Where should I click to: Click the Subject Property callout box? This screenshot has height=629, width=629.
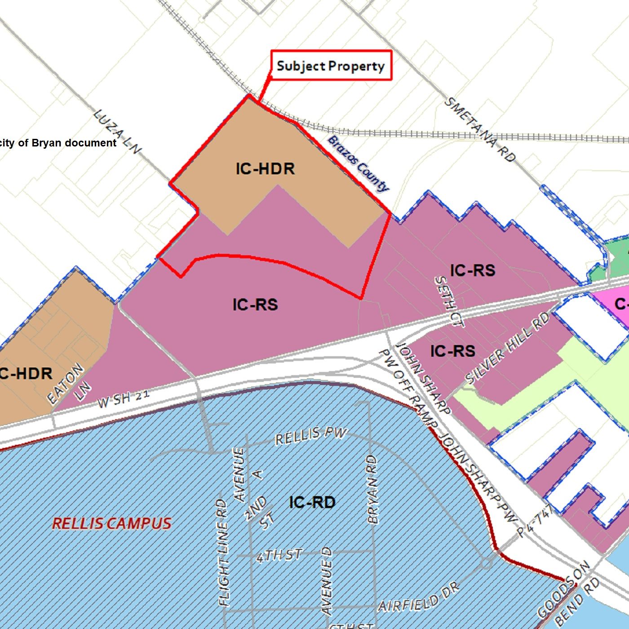click(331, 66)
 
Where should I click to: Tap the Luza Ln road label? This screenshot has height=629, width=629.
click(117, 132)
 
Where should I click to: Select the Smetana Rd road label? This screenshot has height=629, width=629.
click(479, 130)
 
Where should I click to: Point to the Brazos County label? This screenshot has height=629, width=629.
click(358, 163)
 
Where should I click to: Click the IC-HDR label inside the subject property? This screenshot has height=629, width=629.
click(265, 169)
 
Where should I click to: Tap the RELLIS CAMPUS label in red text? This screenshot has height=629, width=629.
click(111, 523)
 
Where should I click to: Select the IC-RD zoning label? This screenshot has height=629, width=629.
click(312, 502)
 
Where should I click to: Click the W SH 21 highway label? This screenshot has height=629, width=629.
click(123, 399)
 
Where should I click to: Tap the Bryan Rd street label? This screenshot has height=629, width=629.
click(372, 490)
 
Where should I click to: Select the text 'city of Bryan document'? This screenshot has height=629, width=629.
click(58, 143)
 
